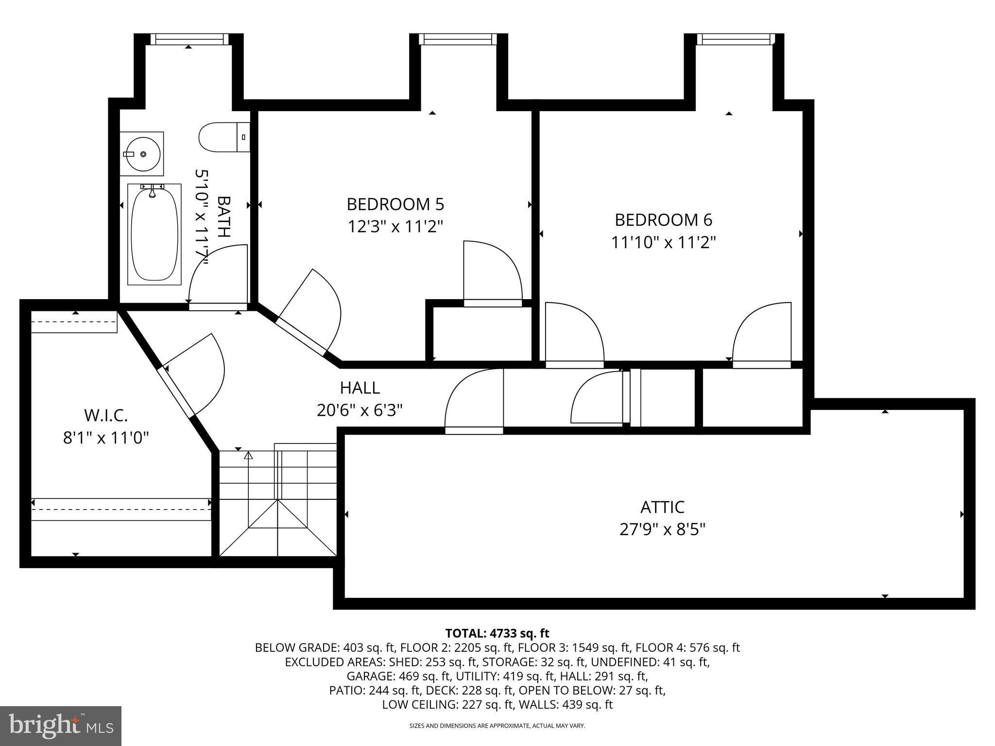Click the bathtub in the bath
[154, 234]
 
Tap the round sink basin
[142, 153]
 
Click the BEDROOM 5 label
[395, 204]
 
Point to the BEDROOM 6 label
[663, 220]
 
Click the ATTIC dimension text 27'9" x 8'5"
[662, 529]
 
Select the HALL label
[360, 388]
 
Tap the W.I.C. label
[106, 416]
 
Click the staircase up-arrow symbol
[249, 456]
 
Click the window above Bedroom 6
[734, 39]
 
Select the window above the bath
[189, 39]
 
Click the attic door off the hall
[474, 401]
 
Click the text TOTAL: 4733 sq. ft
[497, 633]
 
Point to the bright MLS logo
[61, 726]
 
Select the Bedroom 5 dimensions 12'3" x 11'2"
[395, 226]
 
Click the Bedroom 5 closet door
[492, 272]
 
